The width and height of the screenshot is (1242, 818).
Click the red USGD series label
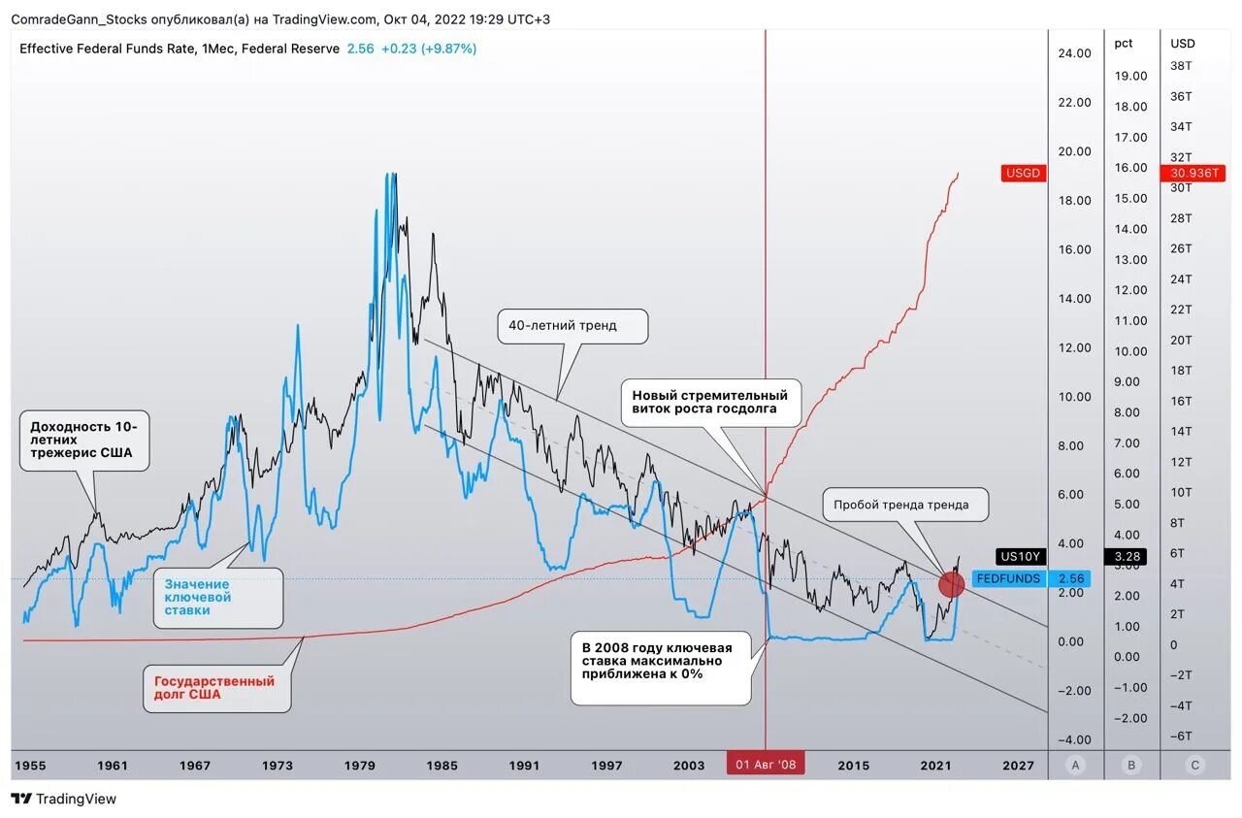tap(1024, 173)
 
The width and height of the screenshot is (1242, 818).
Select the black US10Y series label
tap(1020, 556)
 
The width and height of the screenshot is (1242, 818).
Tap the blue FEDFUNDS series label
tap(1008, 578)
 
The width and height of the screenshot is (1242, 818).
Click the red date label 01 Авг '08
tap(766, 765)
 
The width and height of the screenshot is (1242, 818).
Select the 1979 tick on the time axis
tap(360, 765)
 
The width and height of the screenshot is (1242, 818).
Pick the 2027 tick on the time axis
tap(1019, 765)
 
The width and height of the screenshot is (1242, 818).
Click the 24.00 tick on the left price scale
tap(1074, 53)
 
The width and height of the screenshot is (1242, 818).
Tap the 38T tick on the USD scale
tap(1181, 65)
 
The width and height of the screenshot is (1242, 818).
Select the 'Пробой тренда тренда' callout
tap(908, 505)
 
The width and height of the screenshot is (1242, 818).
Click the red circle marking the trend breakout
tap(952, 583)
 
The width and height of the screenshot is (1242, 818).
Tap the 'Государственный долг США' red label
tap(215, 687)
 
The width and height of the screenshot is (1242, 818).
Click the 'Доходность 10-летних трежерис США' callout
tap(84, 440)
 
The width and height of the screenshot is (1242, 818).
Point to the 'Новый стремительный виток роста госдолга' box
tap(711, 402)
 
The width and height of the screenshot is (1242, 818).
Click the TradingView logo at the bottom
tap(64, 799)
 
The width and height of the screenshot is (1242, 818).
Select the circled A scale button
tap(1075, 765)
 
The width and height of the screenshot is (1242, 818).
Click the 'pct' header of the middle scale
tap(1124, 43)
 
